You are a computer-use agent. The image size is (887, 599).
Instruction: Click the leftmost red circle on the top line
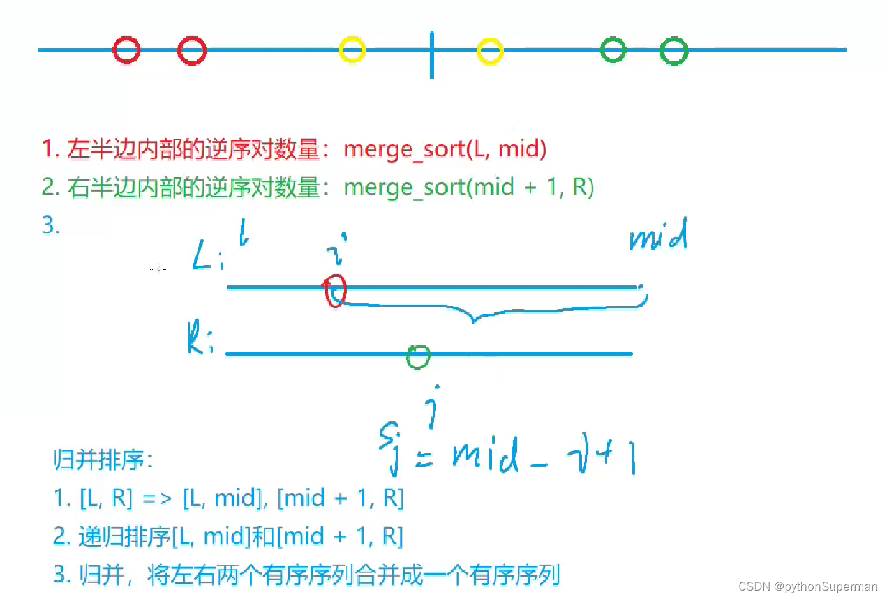[x=126, y=50]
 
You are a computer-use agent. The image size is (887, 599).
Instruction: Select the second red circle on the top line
[x=192, y=51]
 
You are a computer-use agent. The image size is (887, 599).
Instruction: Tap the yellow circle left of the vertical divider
[x=352, y=50]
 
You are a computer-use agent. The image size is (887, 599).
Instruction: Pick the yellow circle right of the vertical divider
[x=490, y=51]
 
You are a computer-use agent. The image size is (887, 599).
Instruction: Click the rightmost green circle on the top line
[x=674, y=51]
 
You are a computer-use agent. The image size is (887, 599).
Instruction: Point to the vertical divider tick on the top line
[x=432, y=56]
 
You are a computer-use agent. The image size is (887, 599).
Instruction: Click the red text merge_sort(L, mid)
[x=445, y=149]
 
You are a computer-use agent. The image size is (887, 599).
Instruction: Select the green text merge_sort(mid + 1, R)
[x=468, y=188]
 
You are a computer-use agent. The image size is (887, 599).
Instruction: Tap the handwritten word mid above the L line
[x=659, y=235]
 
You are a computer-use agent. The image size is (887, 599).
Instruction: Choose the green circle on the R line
[x=419, y=357]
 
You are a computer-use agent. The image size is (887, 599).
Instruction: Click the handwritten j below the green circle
[x=435, y=407]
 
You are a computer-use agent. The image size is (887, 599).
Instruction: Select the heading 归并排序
[x=103, y=460]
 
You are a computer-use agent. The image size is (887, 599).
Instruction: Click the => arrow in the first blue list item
[x=157, y=498]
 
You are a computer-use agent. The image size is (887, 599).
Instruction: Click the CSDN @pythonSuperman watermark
[x=807, y=586]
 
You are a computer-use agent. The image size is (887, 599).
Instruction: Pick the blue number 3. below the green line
[x=50, y=225]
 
